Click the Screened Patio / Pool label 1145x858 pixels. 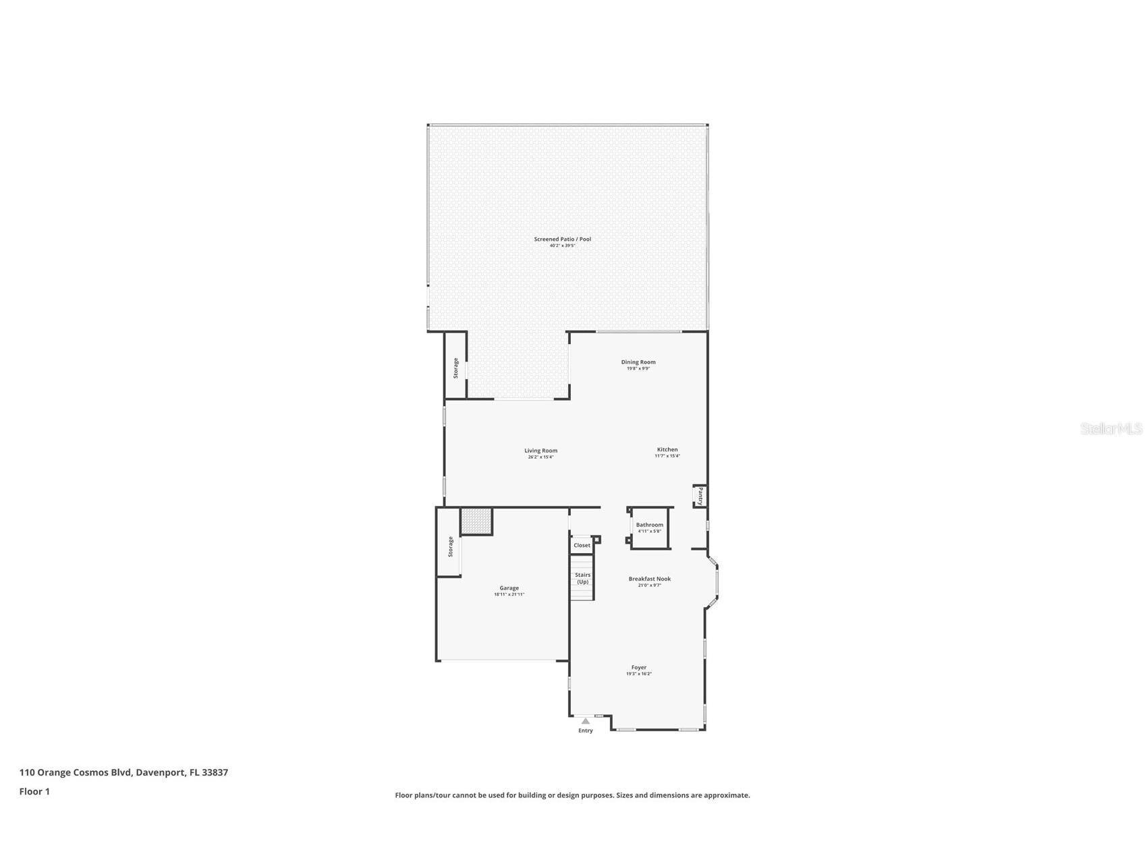pyautogui.click(x=562, y=239)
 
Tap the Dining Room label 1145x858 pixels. pyautogui.click(x=638, y=362)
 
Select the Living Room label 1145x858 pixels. pyautogui.click(x=540, y=451)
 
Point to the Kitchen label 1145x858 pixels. pyautogui.click(x=667, y=449)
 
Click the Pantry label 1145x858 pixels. pyautogui.click(x=700, y=496)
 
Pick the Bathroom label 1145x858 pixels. pyautogui.click(x=649, y=525)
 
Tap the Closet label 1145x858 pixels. pyautogui.click(x=582, y=545)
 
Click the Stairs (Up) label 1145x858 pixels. pyautogui.click(x=582, y=578)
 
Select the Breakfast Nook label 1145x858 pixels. pyautogui.click(x=649, y=579)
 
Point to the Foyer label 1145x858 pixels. pyautogui.click(x=638, y=668)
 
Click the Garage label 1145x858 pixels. pyautogui.click(x=509, y=588)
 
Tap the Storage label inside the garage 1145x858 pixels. pyautogui.click(x=451, y=546)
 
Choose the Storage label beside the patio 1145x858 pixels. pyautogui.click(x=455, y=368)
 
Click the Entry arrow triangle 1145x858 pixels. pyautogui.click(x=586, y=721)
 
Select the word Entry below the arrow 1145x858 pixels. pyautogui.click(x=586, y=731)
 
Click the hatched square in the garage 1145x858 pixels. pyautogui.click(x=476, y=521)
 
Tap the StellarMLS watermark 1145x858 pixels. pyautogui.click(x=1111, y=428)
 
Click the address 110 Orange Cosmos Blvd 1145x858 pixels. pyautogui.click(x=123, y=772)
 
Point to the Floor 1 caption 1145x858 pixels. pyautogui.click(x=34, y=791)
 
